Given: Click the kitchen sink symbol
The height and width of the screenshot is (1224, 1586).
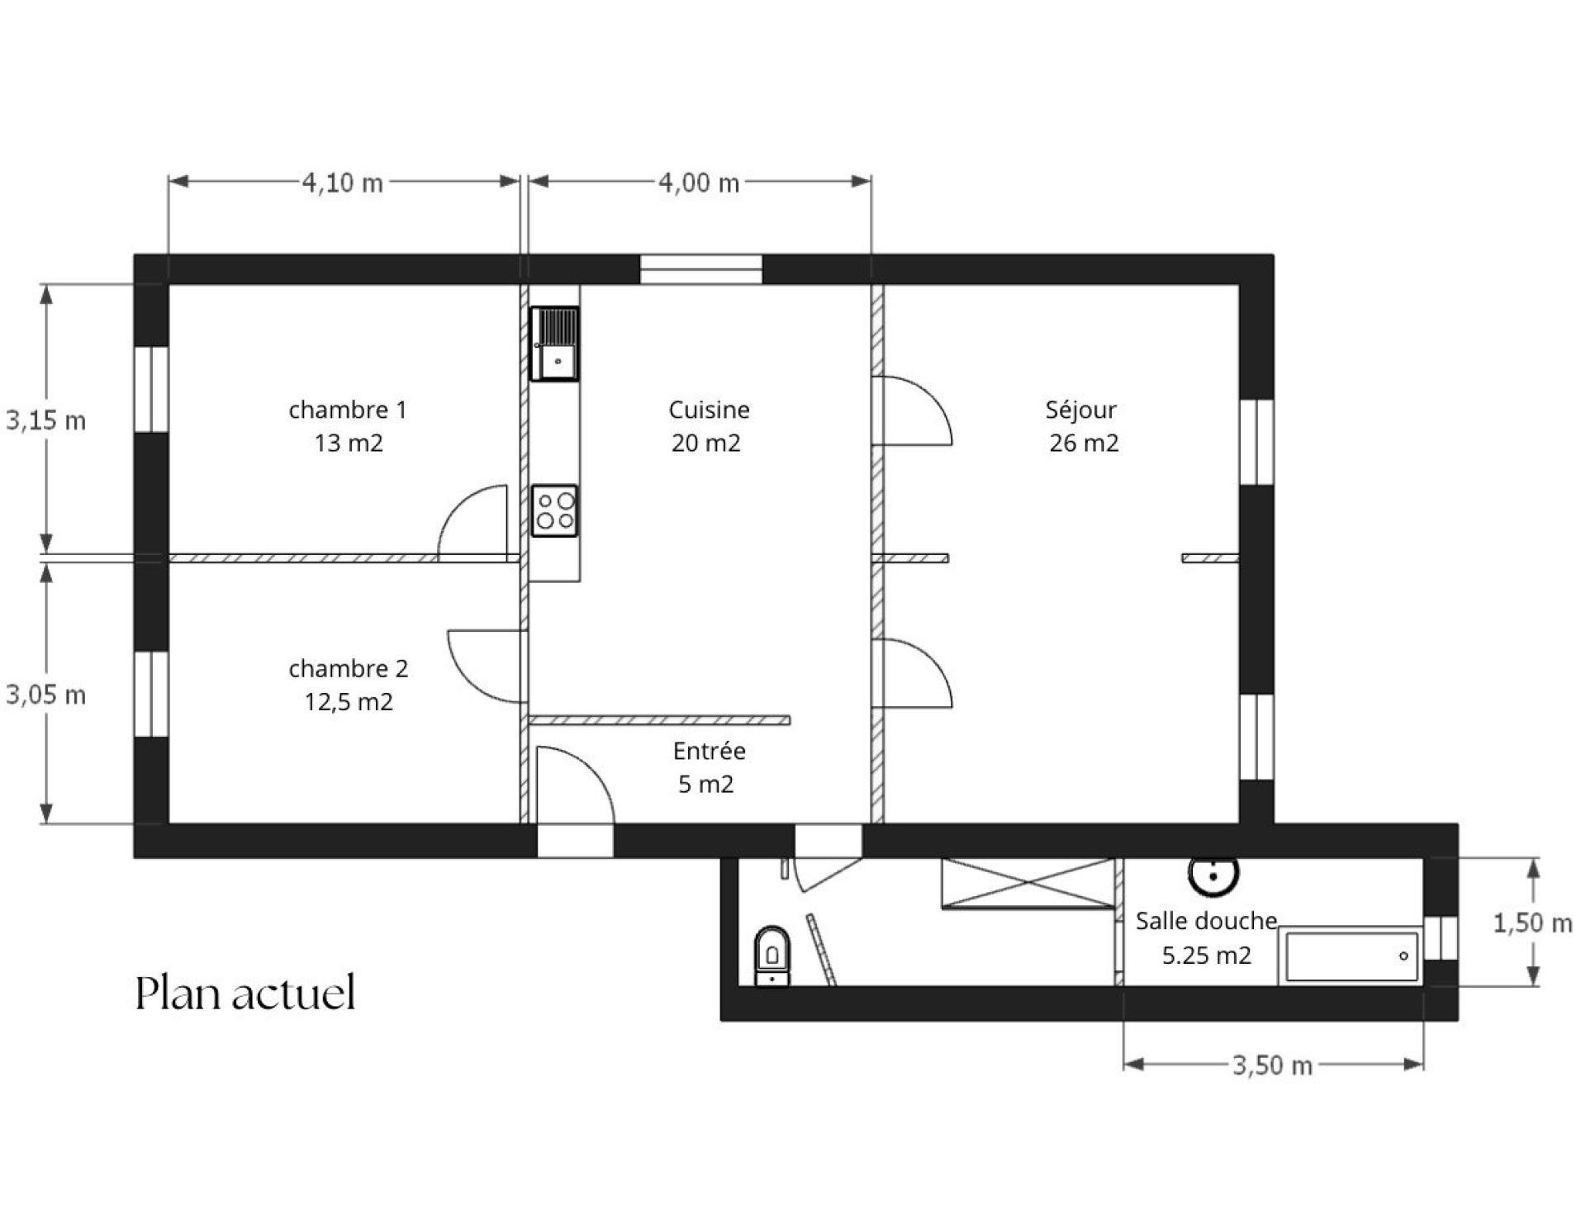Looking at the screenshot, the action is [x=554, y=344].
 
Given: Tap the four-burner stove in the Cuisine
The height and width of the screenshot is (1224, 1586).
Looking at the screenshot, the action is [x=554, y=511].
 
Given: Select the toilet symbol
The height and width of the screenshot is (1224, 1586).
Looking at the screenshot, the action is [x=772, y=956].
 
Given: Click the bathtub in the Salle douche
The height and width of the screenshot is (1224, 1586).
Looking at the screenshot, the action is [x=1351, y=956].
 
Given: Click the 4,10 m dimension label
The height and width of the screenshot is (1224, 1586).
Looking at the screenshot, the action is [x=343, y=183].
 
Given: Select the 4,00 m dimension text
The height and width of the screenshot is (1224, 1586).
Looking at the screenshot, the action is [x=699, y=183].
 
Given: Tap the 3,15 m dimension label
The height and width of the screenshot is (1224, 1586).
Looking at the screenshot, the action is [x=46, y=420].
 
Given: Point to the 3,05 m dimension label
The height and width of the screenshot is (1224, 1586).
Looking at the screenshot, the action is [x=46, y=695].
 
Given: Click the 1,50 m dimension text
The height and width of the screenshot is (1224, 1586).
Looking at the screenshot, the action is [x=1533, y=923].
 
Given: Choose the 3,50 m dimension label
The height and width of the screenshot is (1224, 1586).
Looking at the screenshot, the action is [x=1273, y=1065].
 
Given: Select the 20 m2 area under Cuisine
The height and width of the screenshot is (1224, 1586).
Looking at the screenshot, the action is [x=706, y=443].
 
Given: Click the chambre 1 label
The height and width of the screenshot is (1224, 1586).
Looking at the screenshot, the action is [x=348, y=410].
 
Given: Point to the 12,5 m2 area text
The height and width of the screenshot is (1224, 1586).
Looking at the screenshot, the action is [x=349, y=702].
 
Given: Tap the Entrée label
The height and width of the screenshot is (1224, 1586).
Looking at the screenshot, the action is [x=710, y=751].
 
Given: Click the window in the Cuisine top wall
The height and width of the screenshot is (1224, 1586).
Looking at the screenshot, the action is [x=701, y=270].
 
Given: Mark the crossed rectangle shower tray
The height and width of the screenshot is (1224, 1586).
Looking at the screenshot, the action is [x=1028, y=883].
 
